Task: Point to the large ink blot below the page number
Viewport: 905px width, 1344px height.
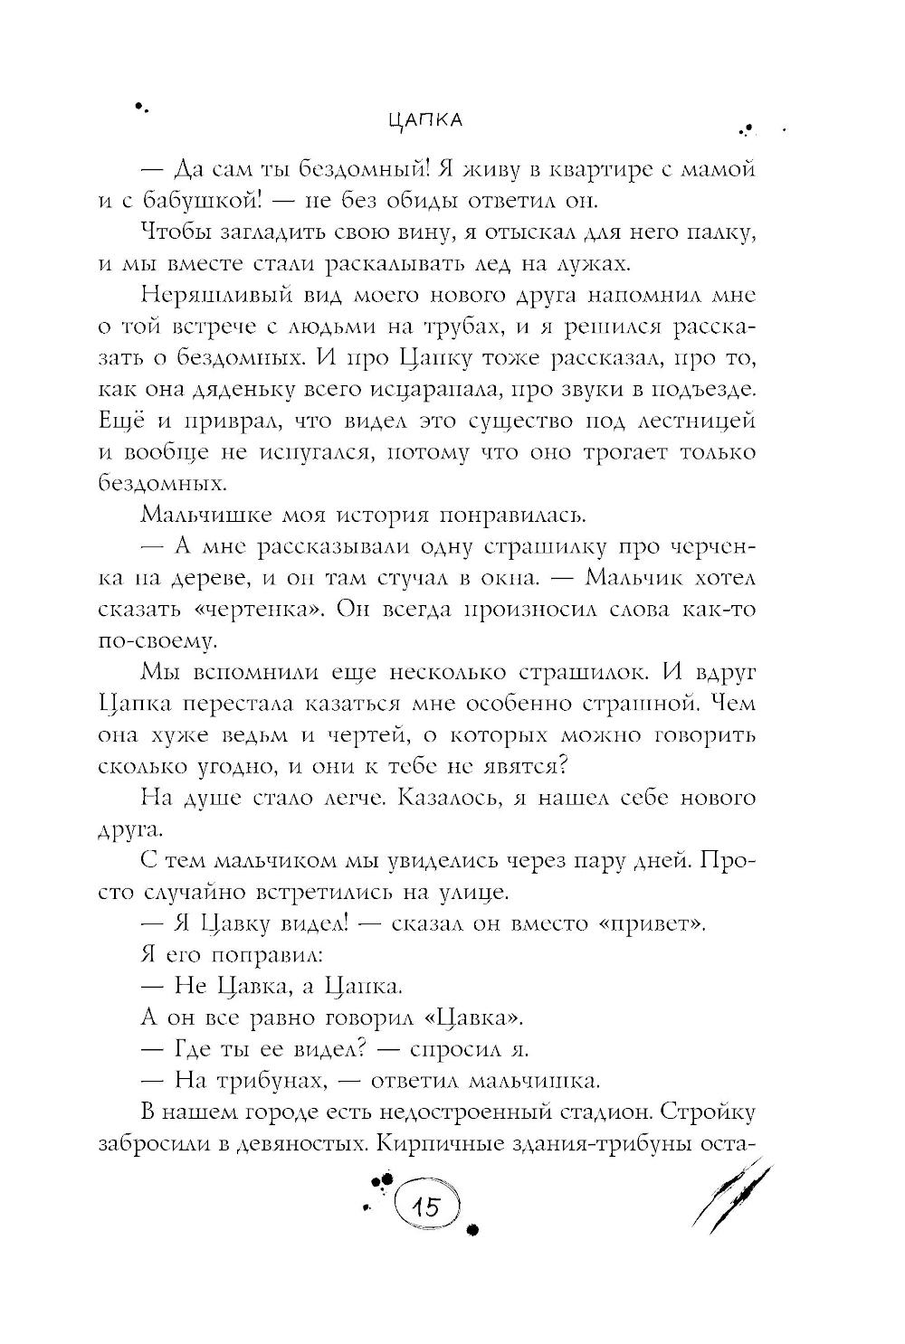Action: coord(472,1230)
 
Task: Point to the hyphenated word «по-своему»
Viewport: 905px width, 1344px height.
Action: coord(157,640)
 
